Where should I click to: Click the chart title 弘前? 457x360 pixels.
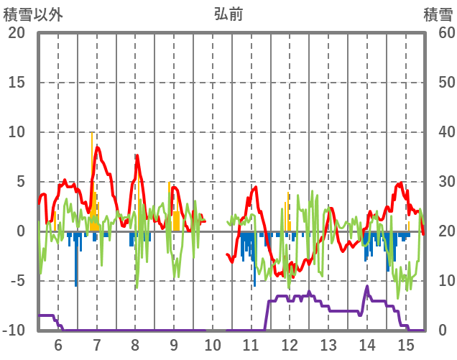pyautogui.click(x=228, y=14)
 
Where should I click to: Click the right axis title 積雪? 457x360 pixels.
pyautogui.click(x=438, y=14)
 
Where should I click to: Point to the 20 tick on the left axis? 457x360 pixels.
pyautogui.click(x=16, y=33)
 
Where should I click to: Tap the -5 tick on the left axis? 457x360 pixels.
pyautogui.click(x=17, y=281)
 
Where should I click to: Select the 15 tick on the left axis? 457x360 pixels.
pyautogui.click(x=16, y=83)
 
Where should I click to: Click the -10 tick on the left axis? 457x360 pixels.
pyautogui.click(x=14, y=331)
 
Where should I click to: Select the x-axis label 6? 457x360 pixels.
pyautogui.click(x=57, y=344)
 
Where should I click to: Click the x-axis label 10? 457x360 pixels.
pyautogui.click(x=213, y=344)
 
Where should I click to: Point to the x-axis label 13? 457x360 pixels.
pyautogui.click(x=328, y=344)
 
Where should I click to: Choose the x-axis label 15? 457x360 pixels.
pyautogui.click(x=406, y=344)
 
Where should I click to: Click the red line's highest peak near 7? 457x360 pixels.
pyautogui.click(x=97, y=148)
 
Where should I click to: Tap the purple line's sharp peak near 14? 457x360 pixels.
pyautogui.click(x=367, y=287)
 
